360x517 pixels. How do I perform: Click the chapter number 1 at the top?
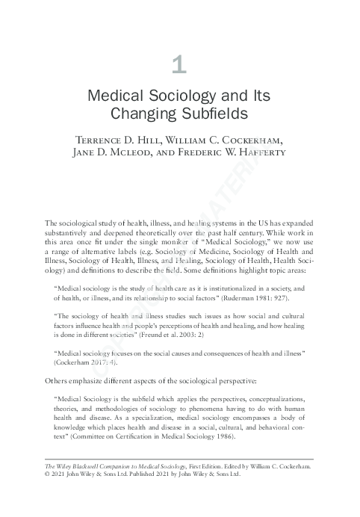pyautogui.click(x=179, y=65)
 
